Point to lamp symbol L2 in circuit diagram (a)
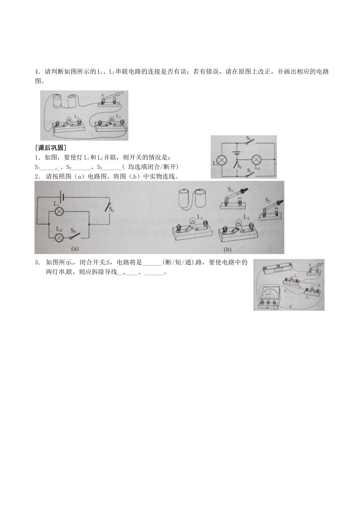click(59, 237)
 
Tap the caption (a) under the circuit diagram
click(74, 248)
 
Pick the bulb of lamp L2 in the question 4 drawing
click(111, 119)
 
